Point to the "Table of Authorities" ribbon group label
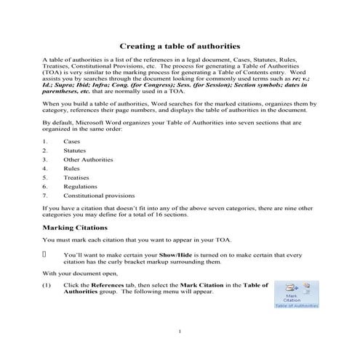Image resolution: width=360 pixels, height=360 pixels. point(296,306)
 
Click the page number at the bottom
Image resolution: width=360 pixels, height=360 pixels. point(179,332)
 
